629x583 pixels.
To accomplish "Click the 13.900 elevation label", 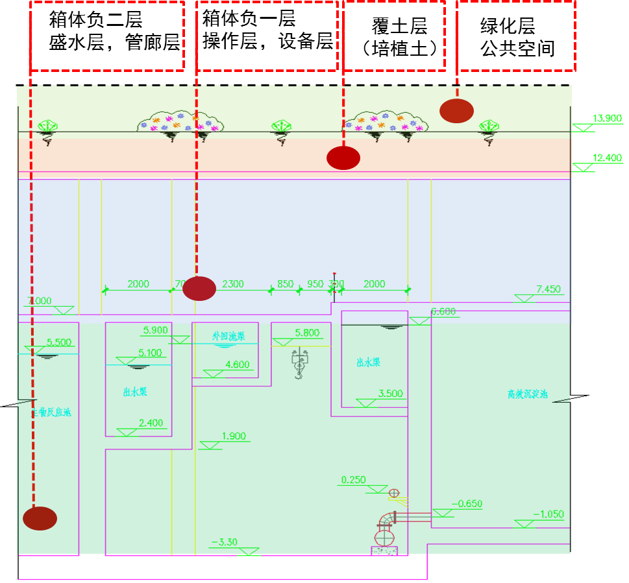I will coord(606,119).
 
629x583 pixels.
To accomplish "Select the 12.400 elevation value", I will coord(606,158).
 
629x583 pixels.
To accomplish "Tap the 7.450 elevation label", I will coord(549,289).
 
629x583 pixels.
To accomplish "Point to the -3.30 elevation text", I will coord(224,542).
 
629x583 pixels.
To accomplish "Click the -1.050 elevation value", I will coord(549,514).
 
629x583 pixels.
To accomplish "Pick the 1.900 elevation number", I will coord(234,436).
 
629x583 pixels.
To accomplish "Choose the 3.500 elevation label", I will coord(390,393).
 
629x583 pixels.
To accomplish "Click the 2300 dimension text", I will coord(233,283).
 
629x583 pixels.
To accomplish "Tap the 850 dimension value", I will coord(285,283).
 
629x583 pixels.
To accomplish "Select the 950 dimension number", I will coord(315,283).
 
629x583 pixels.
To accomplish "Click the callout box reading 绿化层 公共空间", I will coord(517,36).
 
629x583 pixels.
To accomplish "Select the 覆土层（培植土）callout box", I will coord(395,36).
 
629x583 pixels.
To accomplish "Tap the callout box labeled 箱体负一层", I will coord(267,35).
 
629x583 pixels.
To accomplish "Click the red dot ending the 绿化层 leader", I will coord(456,110).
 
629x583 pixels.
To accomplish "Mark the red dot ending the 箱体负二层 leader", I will coord(40,518).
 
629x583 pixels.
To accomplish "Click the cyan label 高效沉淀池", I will coord(528,394).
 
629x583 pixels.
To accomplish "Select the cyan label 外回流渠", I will coord(228,336).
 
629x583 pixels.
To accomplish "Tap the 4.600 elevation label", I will coord(237,364).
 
